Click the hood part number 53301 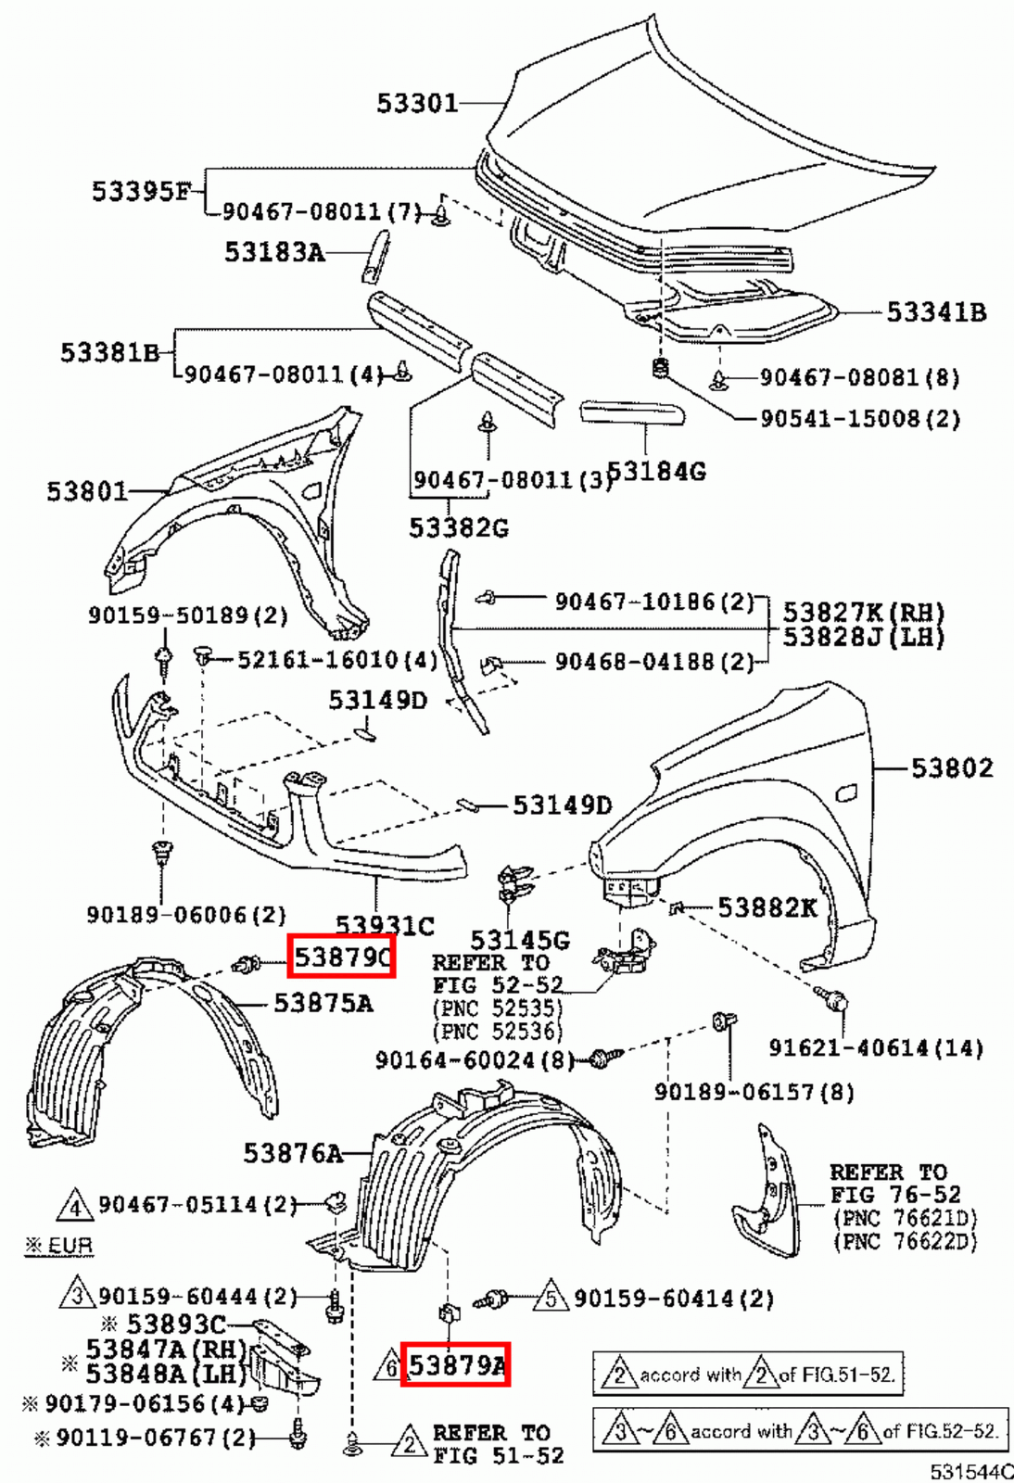click(x=417, y=102)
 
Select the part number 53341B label click(x=936, y=312)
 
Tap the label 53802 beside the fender click(x=952, y=767)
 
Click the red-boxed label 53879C click(x=342, y=956)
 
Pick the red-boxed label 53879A click(x=455, y=1364)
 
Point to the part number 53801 click(x=87, y=491)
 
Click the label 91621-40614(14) click(x=876, y=1048)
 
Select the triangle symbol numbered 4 click(x=75, y=1206)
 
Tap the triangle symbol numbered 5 click(x=551, y=1299)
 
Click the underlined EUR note click(x=59, y=1245)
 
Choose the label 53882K click(x=767, y=907)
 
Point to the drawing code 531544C click(x=971, y=1471)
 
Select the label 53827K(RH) click(x=863, y=613)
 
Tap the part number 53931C click(x=385, y=925)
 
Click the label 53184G click(x=657, y=472)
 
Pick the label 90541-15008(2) click(x=860, y=419)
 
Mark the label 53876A click(x=293, y=1153)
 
